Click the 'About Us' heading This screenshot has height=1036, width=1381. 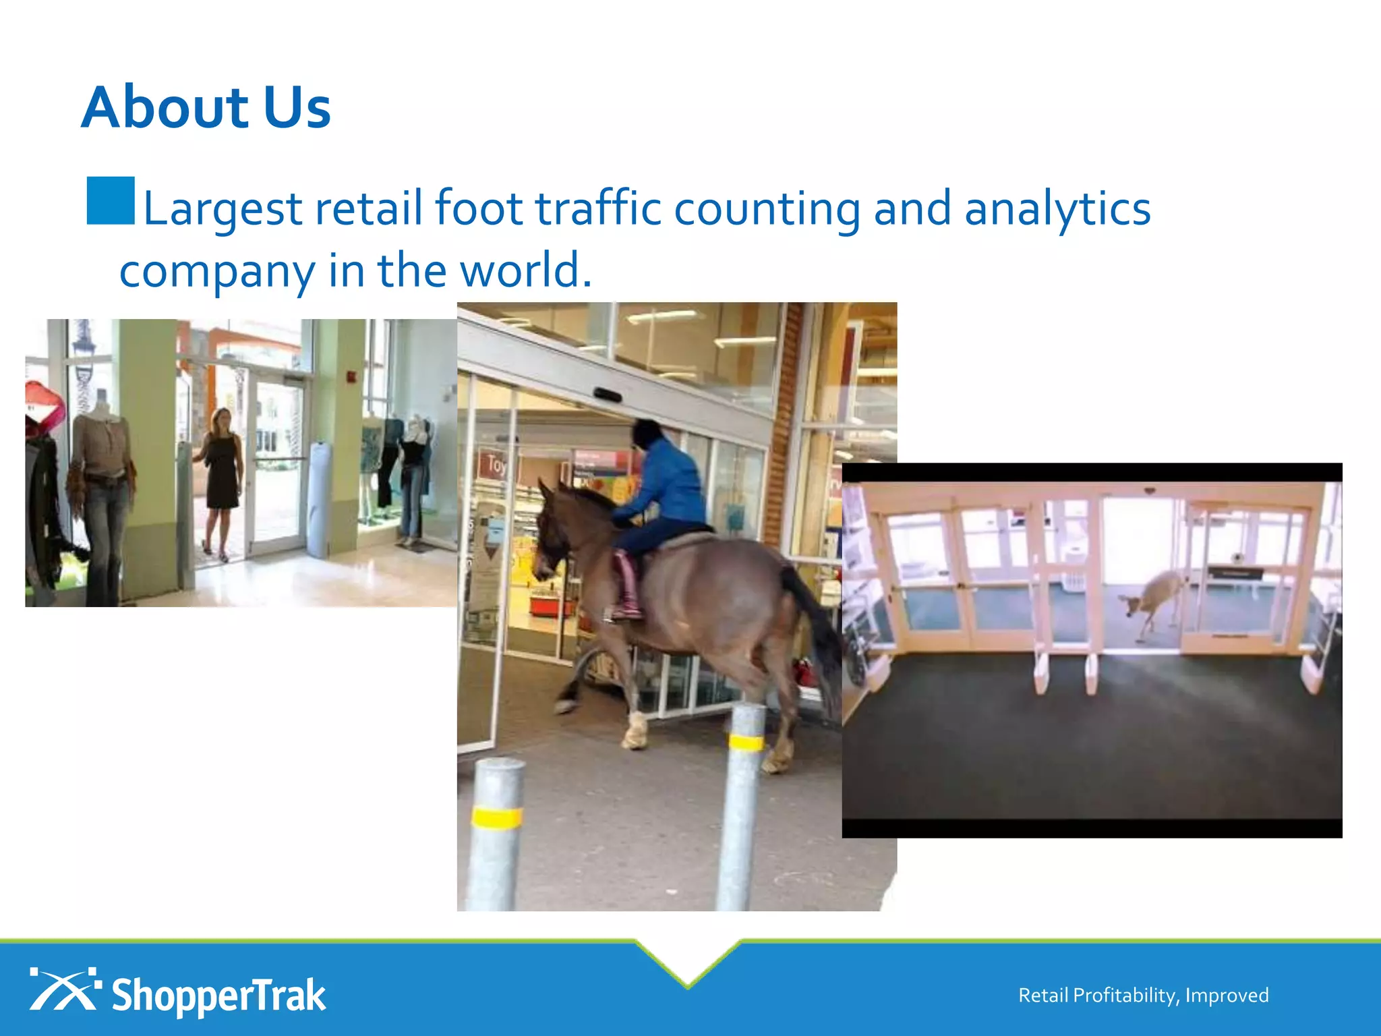(x=206, y=108)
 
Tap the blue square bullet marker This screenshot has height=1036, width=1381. (x=111, y=200)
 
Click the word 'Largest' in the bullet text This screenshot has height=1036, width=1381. (x=223, y=209)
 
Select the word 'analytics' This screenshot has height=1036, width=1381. (x=1057, y=209)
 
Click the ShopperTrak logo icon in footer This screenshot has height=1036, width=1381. (x=64, y=989)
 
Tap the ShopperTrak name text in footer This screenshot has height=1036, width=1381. (x=218, y=996)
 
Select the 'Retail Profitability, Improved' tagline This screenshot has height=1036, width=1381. (x=1143, y=996)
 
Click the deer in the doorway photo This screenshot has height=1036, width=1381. (x=1154, y=597)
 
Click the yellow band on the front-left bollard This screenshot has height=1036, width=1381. (x=497, y=817)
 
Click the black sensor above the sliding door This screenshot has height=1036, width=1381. (x=606, y=395)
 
